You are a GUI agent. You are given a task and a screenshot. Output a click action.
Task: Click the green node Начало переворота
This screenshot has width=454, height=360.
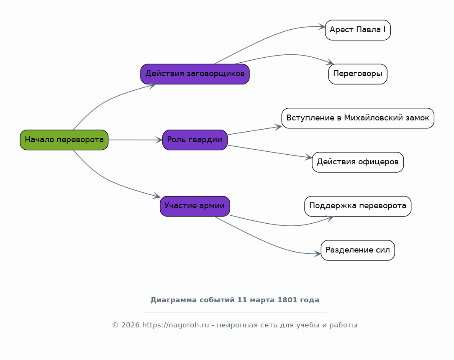[x=64, y=140]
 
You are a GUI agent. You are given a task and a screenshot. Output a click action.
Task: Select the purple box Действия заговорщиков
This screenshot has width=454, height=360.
[x=195, y=74]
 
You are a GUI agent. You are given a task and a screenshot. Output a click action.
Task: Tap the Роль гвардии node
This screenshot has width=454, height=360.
[x=195, y=140]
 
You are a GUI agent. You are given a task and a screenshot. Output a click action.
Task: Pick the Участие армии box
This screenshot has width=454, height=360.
[x=195, y=206]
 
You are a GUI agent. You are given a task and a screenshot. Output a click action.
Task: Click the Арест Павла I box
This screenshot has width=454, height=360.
[x=357, y=30]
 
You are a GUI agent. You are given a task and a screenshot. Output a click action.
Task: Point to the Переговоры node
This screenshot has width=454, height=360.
[x=357, y=74]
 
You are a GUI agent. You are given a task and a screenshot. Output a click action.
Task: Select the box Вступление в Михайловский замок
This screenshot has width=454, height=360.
[x=357, y=118]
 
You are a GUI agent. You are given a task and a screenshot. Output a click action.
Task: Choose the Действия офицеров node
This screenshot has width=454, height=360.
[x=357, y=162]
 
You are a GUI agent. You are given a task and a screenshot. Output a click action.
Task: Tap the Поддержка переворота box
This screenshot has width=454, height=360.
[x=357, y=206]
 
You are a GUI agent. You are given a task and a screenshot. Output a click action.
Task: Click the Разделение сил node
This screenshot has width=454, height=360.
[x=357, y=250]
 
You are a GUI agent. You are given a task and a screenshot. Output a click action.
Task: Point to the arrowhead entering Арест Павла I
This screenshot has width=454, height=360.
[x=322, y=27]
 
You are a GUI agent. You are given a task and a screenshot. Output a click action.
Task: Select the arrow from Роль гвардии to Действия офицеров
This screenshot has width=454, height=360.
[x=268, y=151]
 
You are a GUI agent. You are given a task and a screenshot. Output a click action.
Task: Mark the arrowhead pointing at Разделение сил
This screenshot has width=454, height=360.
[x=318, y=254]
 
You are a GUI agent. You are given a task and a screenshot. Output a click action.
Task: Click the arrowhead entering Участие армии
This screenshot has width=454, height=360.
[x=157, y=196]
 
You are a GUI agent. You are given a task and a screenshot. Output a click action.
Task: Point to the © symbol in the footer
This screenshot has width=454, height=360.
[x=115, y=325]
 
